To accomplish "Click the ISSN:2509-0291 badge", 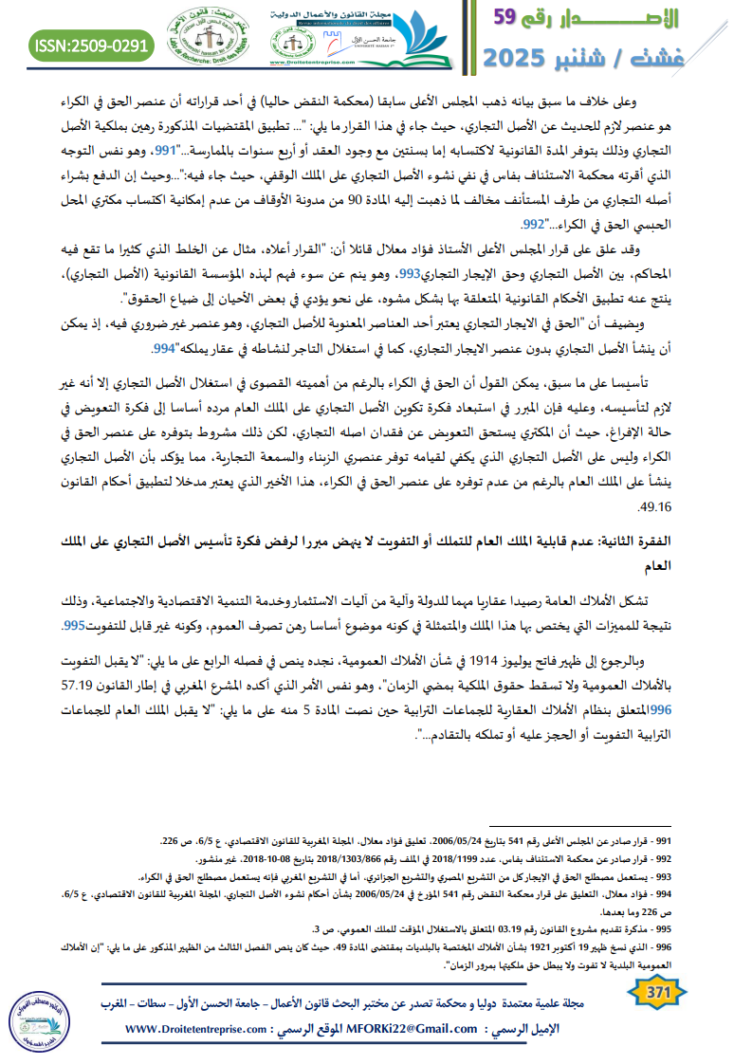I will click(x=91, y=45).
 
